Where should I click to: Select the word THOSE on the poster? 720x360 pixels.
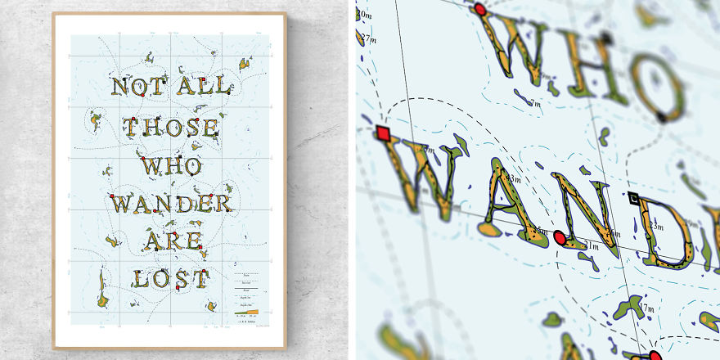coord(171,128)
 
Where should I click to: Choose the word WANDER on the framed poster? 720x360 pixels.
coord(172,203)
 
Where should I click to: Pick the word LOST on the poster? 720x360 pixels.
coord(171,278)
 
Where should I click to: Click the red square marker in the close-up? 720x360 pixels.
coord(383,133)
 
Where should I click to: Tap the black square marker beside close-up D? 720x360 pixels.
coord(634,197)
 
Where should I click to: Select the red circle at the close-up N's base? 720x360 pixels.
coord(560,238)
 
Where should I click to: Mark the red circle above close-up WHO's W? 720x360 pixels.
coord(480,10)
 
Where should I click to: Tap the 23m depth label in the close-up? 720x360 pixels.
coord(515,178)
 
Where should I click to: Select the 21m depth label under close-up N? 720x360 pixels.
coord(589,246)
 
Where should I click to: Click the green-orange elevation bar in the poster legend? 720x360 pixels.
coord(246,312)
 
